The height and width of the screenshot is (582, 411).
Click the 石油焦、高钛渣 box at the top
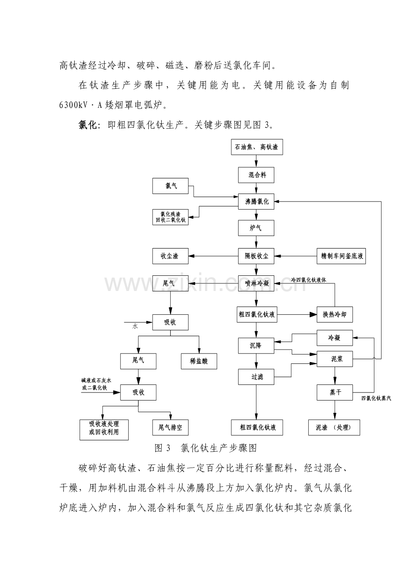257,147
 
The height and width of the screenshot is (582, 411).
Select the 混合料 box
256,175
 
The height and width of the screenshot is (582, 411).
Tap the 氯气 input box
170,186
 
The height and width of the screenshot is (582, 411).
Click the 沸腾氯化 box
256,201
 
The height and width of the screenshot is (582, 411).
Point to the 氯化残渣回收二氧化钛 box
170,217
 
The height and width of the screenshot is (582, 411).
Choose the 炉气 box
256,228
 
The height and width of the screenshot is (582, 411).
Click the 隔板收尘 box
256,256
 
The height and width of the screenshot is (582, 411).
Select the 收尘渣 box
170,256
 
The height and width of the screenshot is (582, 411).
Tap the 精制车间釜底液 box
341,256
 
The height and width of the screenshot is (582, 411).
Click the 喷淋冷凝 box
256,283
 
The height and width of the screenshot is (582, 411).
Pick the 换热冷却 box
335,315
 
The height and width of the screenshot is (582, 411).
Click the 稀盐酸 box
199,361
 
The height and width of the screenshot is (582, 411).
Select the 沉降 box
256,346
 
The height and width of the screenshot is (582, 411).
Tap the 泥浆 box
335,359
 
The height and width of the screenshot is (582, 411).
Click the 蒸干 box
335,392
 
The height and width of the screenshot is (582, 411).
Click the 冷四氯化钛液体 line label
308,280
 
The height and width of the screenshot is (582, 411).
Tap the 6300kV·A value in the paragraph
81,105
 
